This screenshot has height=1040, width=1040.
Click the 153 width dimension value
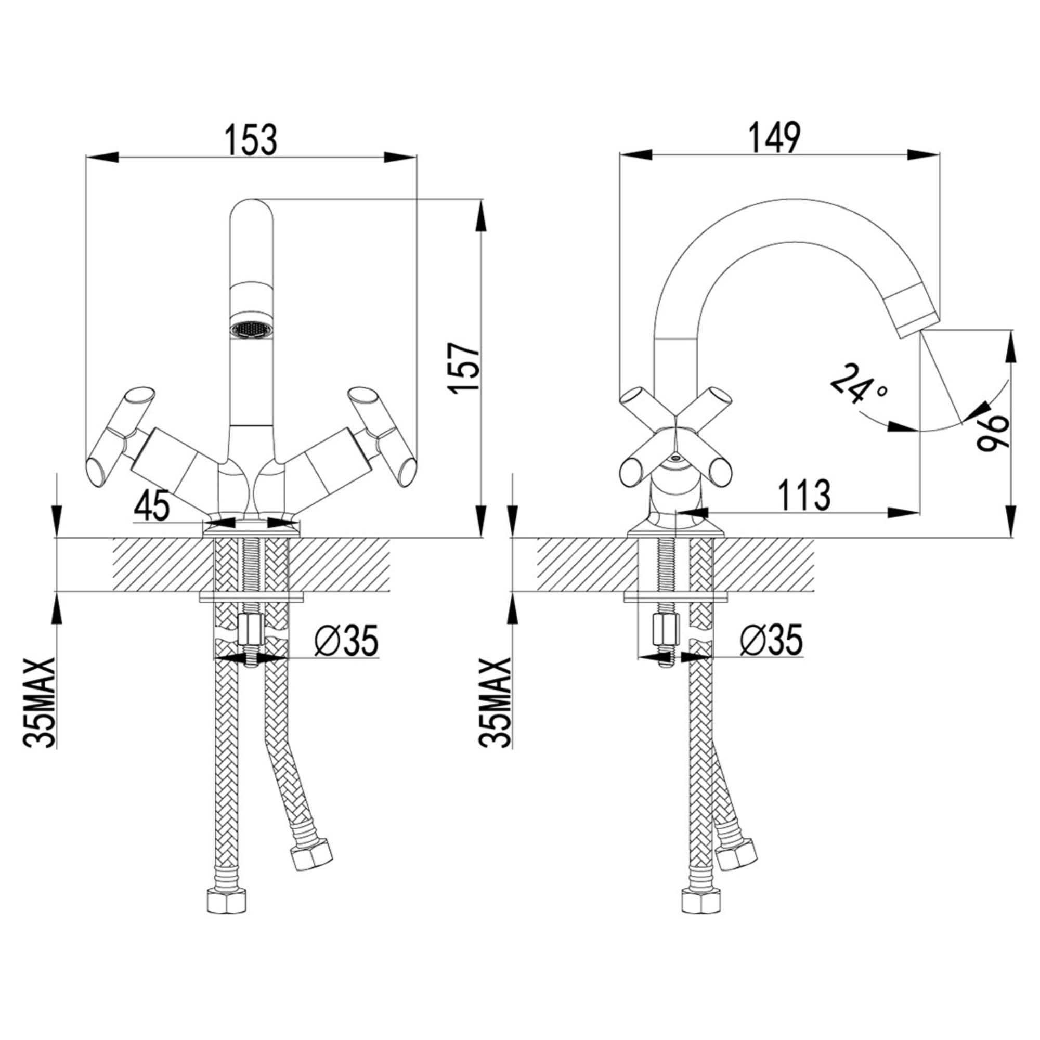tap(251, 139)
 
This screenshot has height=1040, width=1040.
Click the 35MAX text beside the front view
tap(41, 702)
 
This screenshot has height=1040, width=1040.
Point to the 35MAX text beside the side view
tap(496, 702)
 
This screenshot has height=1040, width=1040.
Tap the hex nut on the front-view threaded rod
tap(249, 631)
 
